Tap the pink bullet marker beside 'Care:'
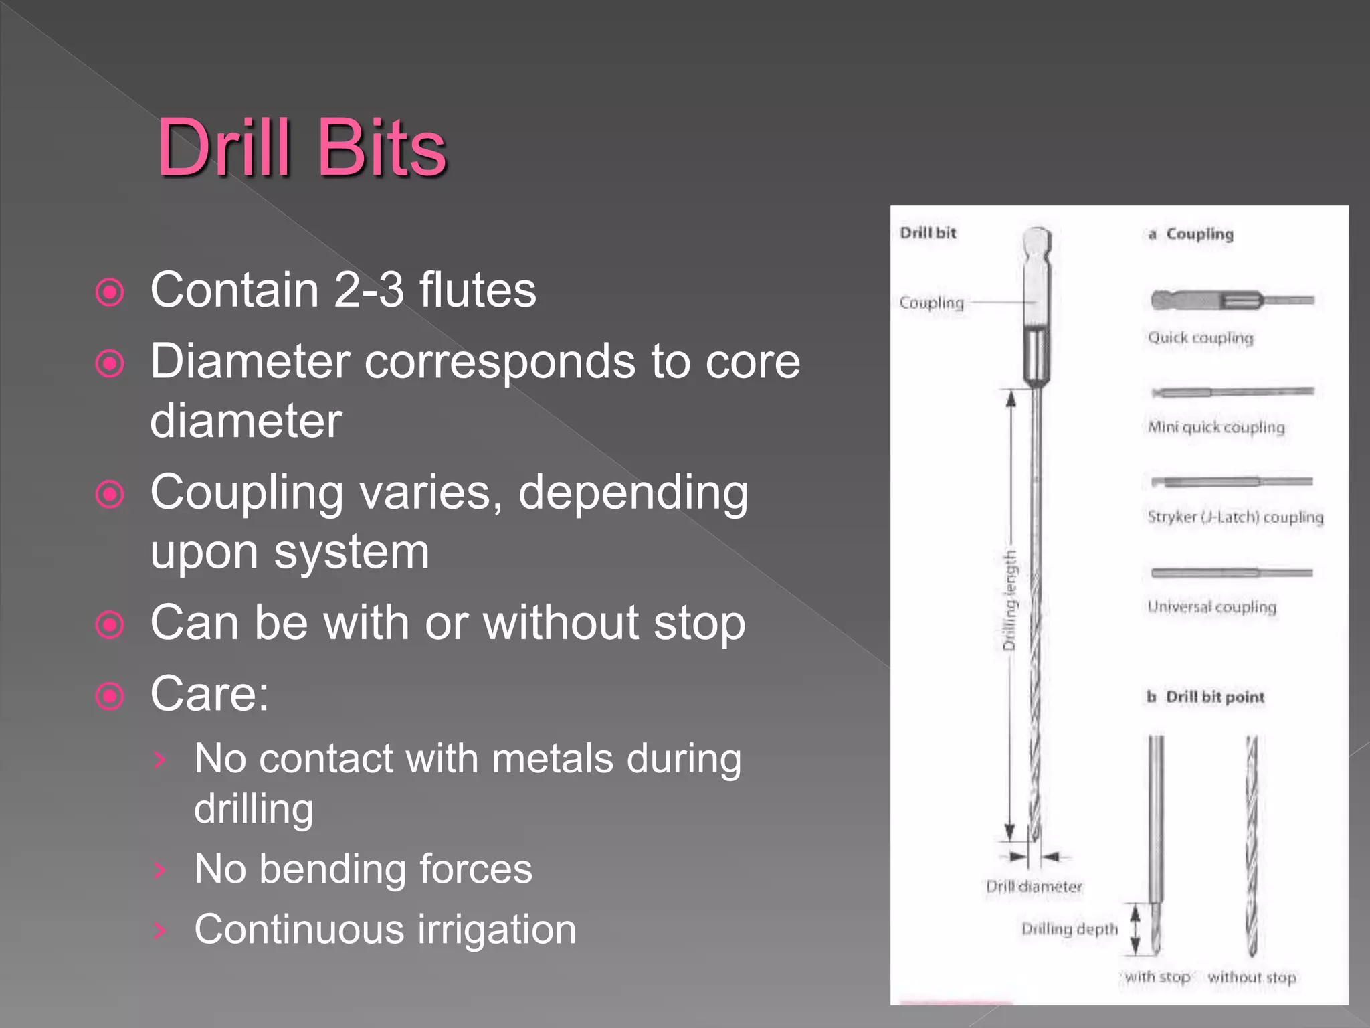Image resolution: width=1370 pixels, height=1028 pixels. point(110,696)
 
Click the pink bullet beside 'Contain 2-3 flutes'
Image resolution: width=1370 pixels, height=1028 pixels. point(110,292)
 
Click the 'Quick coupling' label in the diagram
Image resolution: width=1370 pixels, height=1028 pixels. point(1200,337)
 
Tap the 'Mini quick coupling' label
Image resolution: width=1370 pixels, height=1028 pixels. point(1215,427)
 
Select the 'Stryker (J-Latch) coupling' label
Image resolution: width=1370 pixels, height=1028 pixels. point(1235,517)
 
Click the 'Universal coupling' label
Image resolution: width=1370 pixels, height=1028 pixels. point(1211,606)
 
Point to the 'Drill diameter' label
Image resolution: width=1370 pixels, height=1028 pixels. point(1034,887)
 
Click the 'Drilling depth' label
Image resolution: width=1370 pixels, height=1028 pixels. point(1069,929)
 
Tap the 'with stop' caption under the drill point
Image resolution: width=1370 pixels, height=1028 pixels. point(1157,977)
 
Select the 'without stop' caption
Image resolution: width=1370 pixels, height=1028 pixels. point(1252,978)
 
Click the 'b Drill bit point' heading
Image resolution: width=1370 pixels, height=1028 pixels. point(1205,697)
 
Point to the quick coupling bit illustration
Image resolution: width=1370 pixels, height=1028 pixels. point(1231,300)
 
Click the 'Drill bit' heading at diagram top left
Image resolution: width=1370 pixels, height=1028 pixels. point(928,233)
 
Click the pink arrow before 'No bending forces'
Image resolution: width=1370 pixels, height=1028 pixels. point(159,869)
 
